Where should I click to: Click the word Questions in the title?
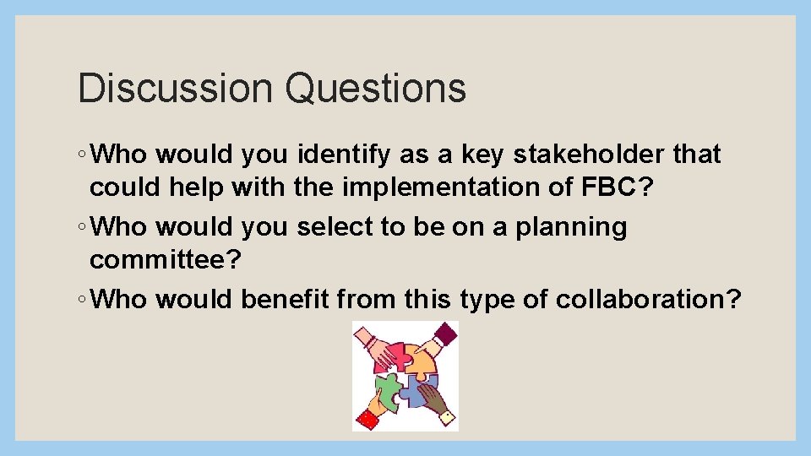[x=374, y=88]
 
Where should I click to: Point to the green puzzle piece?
[x=388, y=391]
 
